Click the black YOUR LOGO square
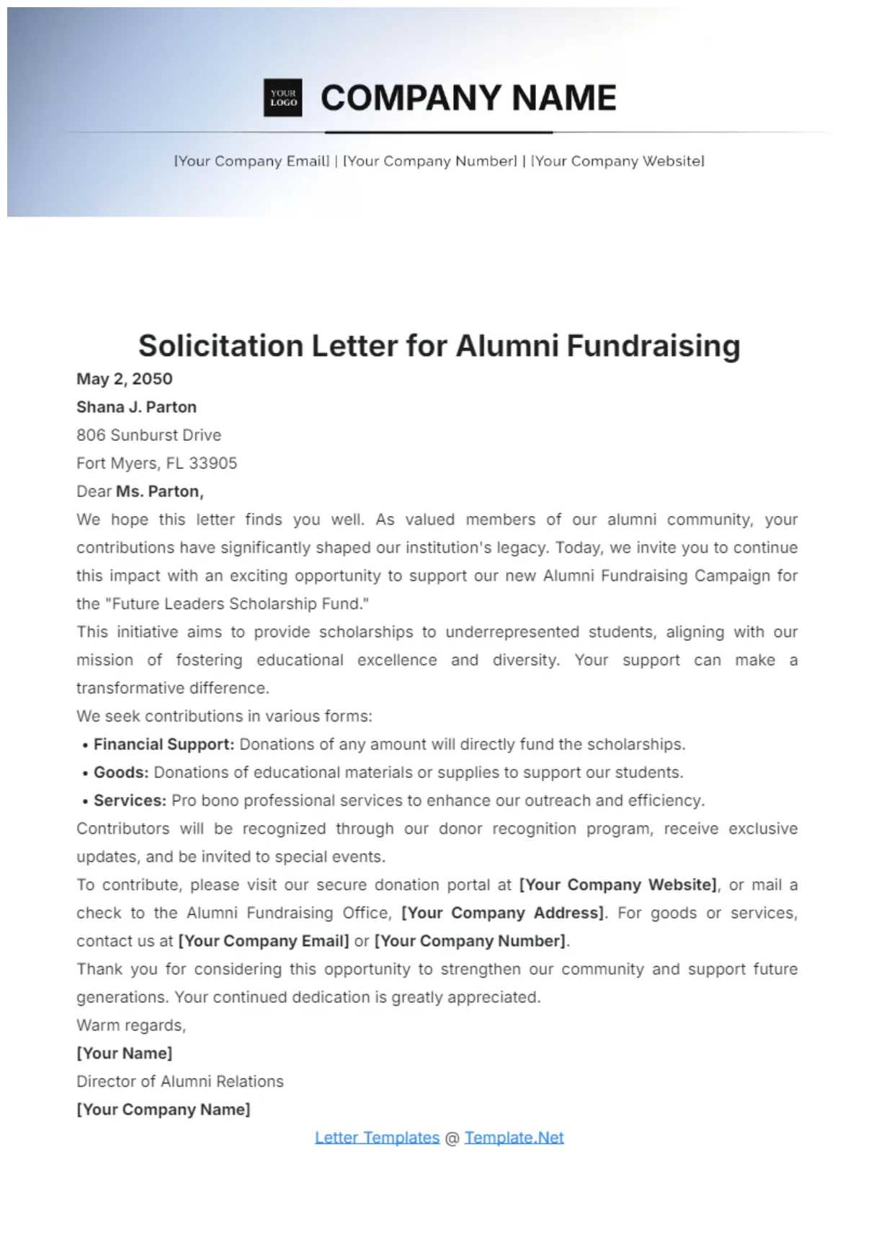pos(283,98)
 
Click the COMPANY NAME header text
pos(468,98)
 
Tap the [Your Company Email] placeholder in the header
pos(251,161)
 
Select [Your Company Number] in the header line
pos(430,161)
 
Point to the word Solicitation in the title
pos(220,346)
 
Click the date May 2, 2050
pos(125,379)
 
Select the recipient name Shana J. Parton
pos(136,407)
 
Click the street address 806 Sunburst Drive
pos(148,435)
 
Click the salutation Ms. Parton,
pos(160,491)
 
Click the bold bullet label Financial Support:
pos(164,744)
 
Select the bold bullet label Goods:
pos(121,772)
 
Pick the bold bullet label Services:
pos(130,800)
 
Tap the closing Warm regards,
pos(131,1025)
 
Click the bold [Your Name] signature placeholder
pos(124,1053)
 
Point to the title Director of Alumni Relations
pos(180,1081)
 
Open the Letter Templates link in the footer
pos(377,1138)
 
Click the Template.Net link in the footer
pos(514,1138)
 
